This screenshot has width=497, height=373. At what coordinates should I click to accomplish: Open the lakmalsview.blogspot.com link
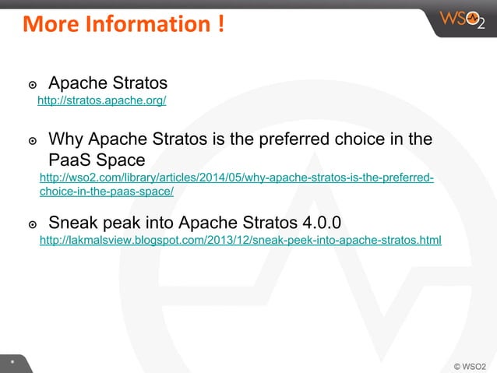pyautogui.click(x=240, y=241)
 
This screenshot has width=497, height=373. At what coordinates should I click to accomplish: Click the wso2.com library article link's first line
pyautogui.click(x=236, y=179)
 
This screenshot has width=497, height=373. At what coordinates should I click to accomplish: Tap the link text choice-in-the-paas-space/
pyautogui.click(x=107, y=192)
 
